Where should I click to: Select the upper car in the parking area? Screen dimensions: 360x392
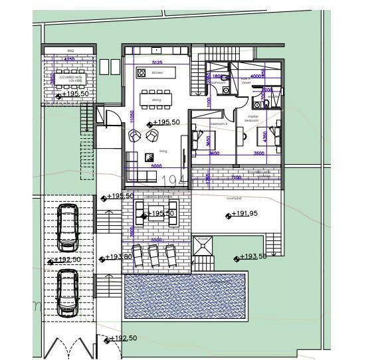click(x=68, y=226)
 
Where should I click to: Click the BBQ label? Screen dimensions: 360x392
click(x=70, y=50)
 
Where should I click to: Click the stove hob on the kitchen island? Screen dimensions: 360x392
click(x=141, y=72)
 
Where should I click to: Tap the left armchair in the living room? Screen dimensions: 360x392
click(x=135, y=135)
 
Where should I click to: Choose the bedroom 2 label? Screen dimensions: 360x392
click(x=219, y=124)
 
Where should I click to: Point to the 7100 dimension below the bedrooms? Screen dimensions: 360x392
click(x=236, y=177)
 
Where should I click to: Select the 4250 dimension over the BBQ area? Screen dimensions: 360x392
click(x=69, y=59)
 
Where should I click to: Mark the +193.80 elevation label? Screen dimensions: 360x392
click(x=120, y=257)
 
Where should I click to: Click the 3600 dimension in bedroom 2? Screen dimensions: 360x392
click(x=215, y=153)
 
